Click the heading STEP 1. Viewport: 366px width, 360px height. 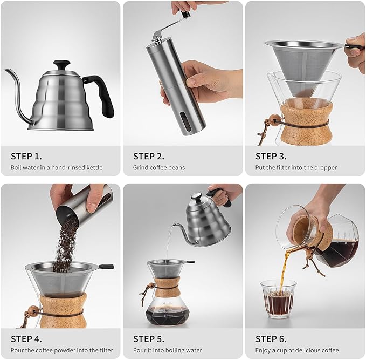[26, 156]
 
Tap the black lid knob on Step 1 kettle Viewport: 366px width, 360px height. [61, 64]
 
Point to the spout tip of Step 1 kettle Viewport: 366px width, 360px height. [6, 71]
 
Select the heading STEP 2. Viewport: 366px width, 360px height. [149, 156]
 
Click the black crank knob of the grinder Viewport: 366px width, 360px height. [186, 15]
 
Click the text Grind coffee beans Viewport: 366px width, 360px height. [159, 168]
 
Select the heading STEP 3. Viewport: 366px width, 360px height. [271, 156]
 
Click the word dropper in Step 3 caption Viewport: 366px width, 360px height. [325, 168]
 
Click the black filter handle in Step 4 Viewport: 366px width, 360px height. [106, 267]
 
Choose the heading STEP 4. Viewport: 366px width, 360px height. [26, 339]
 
